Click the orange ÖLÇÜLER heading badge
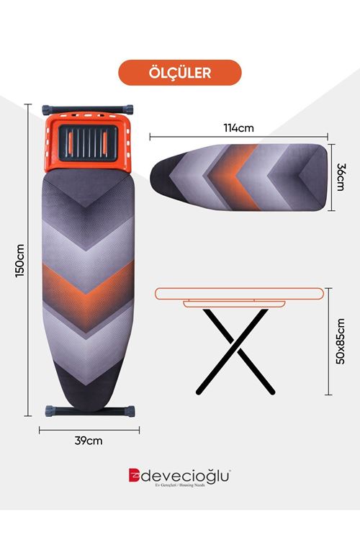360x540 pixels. pos(180,73)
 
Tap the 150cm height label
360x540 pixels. pos(20,261)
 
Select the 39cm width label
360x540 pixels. pos(89,441)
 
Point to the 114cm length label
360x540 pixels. pos(239,128)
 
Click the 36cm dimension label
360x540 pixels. pos(341,177)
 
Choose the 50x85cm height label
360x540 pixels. pos(341,341)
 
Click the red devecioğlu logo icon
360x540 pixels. pos(134,475)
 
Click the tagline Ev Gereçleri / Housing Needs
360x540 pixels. pos(180,485)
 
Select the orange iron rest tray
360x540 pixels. pos(88,143)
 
